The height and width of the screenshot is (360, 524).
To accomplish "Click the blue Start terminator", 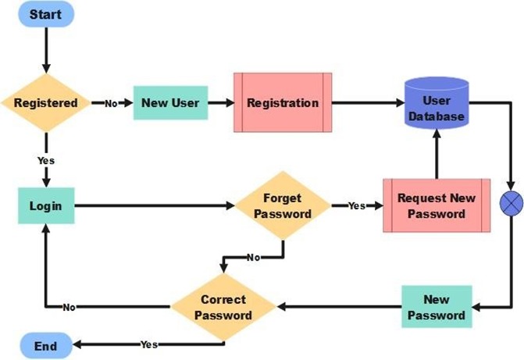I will [46, 15].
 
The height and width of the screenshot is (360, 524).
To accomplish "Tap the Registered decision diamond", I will [45, 103].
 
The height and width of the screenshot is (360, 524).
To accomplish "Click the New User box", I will [170, 103].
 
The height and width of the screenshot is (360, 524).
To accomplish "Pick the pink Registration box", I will [283, 103].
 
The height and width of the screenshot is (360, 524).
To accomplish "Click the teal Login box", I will [45, 206].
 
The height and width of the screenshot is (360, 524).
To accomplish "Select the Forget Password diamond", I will [282, 206].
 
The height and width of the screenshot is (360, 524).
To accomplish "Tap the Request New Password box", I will [436, 205].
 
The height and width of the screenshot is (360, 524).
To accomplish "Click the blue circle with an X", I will [511, 205].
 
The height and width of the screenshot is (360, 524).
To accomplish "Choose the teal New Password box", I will [437, 307].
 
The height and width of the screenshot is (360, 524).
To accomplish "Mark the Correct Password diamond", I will [223, 307].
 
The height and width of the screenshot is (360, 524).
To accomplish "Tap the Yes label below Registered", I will [45, 160].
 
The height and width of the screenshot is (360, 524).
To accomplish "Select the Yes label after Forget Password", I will [357, 206].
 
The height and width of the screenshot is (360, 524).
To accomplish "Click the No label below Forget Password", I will [253, 257].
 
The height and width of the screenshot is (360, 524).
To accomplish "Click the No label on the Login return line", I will [70, 307].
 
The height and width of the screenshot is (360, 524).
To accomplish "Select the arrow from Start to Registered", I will [45, 51].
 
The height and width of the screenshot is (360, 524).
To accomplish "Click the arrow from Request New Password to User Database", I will [436, 153].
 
